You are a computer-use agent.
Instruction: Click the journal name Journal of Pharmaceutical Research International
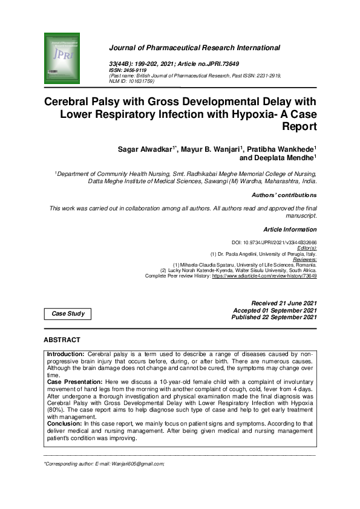(x=194, y=47)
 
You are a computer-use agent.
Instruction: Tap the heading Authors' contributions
(x=284, y=195)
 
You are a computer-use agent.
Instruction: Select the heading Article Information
(x=290, y=230)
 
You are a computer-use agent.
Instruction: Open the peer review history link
(x=264, y=276)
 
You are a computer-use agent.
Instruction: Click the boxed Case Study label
(x=68, y=314)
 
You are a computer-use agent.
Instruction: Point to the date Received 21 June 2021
(x=284, y=303)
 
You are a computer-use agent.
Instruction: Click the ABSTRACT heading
(x=62, y=340)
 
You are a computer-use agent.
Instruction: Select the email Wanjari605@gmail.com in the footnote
(x=129, y=464)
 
